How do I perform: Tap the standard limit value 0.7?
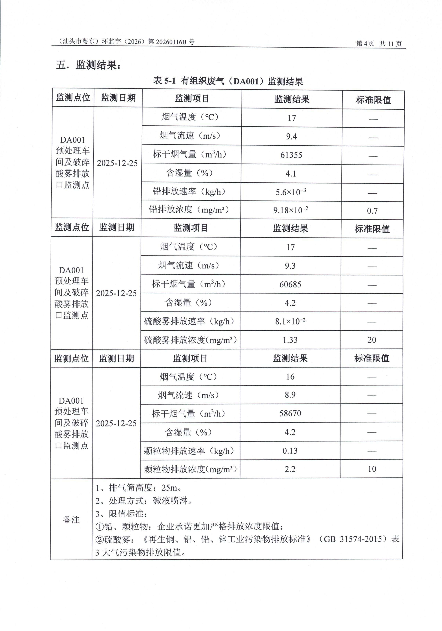click(x=372, y=211)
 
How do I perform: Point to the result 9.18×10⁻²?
click(x=290, y=210)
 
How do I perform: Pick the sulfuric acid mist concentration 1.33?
click(x=290, y=340)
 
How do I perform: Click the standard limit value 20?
click(x=372, y=340)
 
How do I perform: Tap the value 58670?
click(x=290, y=413)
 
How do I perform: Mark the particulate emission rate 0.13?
click(x=290, y=451)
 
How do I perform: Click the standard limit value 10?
click(x=372, y=469)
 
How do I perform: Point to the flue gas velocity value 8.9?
click(x=290, y=395)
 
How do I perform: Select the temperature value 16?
click(x=290, y=377)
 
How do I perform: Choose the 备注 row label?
click(x=71, y=519)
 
